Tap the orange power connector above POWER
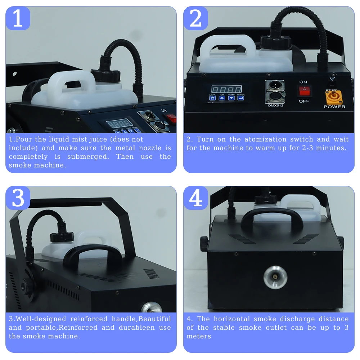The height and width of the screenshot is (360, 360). click(x=333, y=96)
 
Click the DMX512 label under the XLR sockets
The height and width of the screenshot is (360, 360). click(x=275, y=105)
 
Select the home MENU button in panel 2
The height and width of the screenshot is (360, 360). click(x=213, y=98)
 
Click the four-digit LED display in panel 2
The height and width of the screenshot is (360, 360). click(x=226, y=89)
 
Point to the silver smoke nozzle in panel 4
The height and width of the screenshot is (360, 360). click(x=275, y=277)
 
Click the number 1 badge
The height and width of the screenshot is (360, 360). click(x=18, y=18)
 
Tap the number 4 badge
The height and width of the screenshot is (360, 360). click(x=195, y=198)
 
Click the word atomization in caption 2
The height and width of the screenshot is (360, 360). click(x=265, y=139)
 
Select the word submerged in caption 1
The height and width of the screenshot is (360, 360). click(x=88, y=157)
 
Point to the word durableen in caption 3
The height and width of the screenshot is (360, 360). click(x=137, y=328)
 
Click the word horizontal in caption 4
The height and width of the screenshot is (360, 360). click(x=231, y=319)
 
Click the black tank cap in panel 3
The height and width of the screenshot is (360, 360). click(x=62, y=237)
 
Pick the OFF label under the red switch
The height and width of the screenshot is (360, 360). click(x=304, y=101)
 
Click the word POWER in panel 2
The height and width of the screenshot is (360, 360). click(x=334, y=107)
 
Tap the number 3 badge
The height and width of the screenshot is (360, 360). click(x=18, y=198)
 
